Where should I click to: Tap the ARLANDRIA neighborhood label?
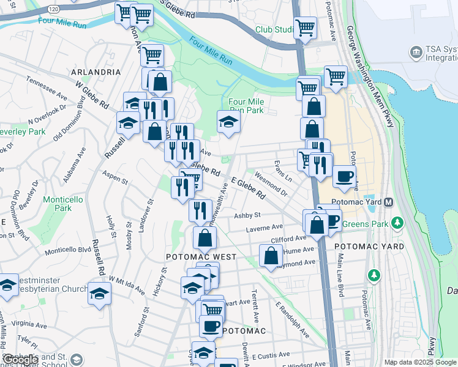(x=96, y=72)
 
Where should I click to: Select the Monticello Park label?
(x=58, y=204)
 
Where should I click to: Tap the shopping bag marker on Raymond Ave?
(x=271, y=256)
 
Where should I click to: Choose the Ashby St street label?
(x=247, y=215)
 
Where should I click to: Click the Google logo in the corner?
(x=20, y=360)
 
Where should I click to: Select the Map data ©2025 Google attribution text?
(x=420, y=362)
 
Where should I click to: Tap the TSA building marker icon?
(x=417, y=51)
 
